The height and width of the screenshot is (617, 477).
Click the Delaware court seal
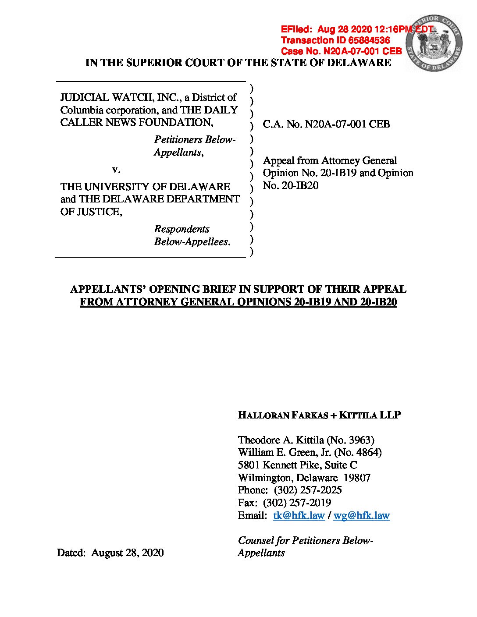click(x=434, y=43)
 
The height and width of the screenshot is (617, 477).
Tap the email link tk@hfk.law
click(x=299, y=515)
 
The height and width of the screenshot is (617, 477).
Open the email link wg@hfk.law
click(x=361, y=515)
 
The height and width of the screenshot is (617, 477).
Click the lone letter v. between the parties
click(x=116, y=170)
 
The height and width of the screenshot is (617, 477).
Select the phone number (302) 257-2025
click(x=308, y=490)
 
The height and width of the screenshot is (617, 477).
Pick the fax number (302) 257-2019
click(x=297, y=503)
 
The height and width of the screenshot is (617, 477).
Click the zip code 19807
click(x=357, y=478)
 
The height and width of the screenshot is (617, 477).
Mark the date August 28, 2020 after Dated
click(x=128, y=553)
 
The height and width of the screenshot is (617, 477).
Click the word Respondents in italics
click(x=182, y=229)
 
